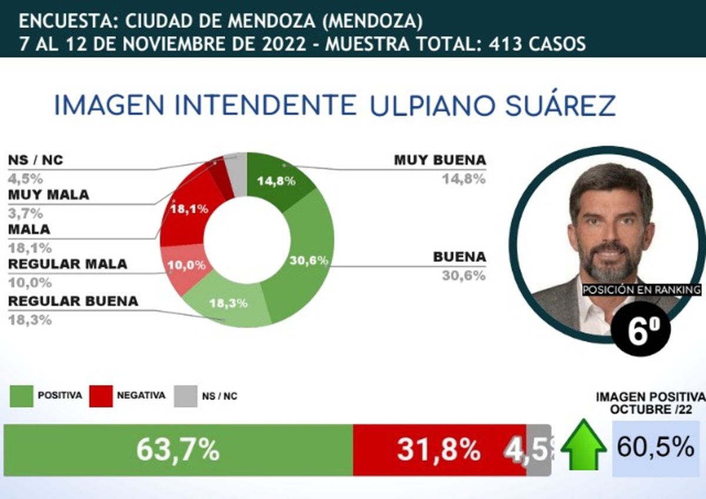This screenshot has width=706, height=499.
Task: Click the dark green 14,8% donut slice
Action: (273, 179)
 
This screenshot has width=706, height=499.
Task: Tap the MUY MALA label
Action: (49, 195)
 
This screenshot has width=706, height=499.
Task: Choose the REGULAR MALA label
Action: (67, 264)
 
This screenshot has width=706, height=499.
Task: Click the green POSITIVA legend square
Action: (22, 396)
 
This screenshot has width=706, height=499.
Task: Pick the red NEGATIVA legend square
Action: (100, 396)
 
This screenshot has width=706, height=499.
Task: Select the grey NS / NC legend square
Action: (185, 396)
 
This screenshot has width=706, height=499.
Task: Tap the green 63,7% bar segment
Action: (178, 450)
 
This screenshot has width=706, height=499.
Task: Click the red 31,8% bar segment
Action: (439, 450)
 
